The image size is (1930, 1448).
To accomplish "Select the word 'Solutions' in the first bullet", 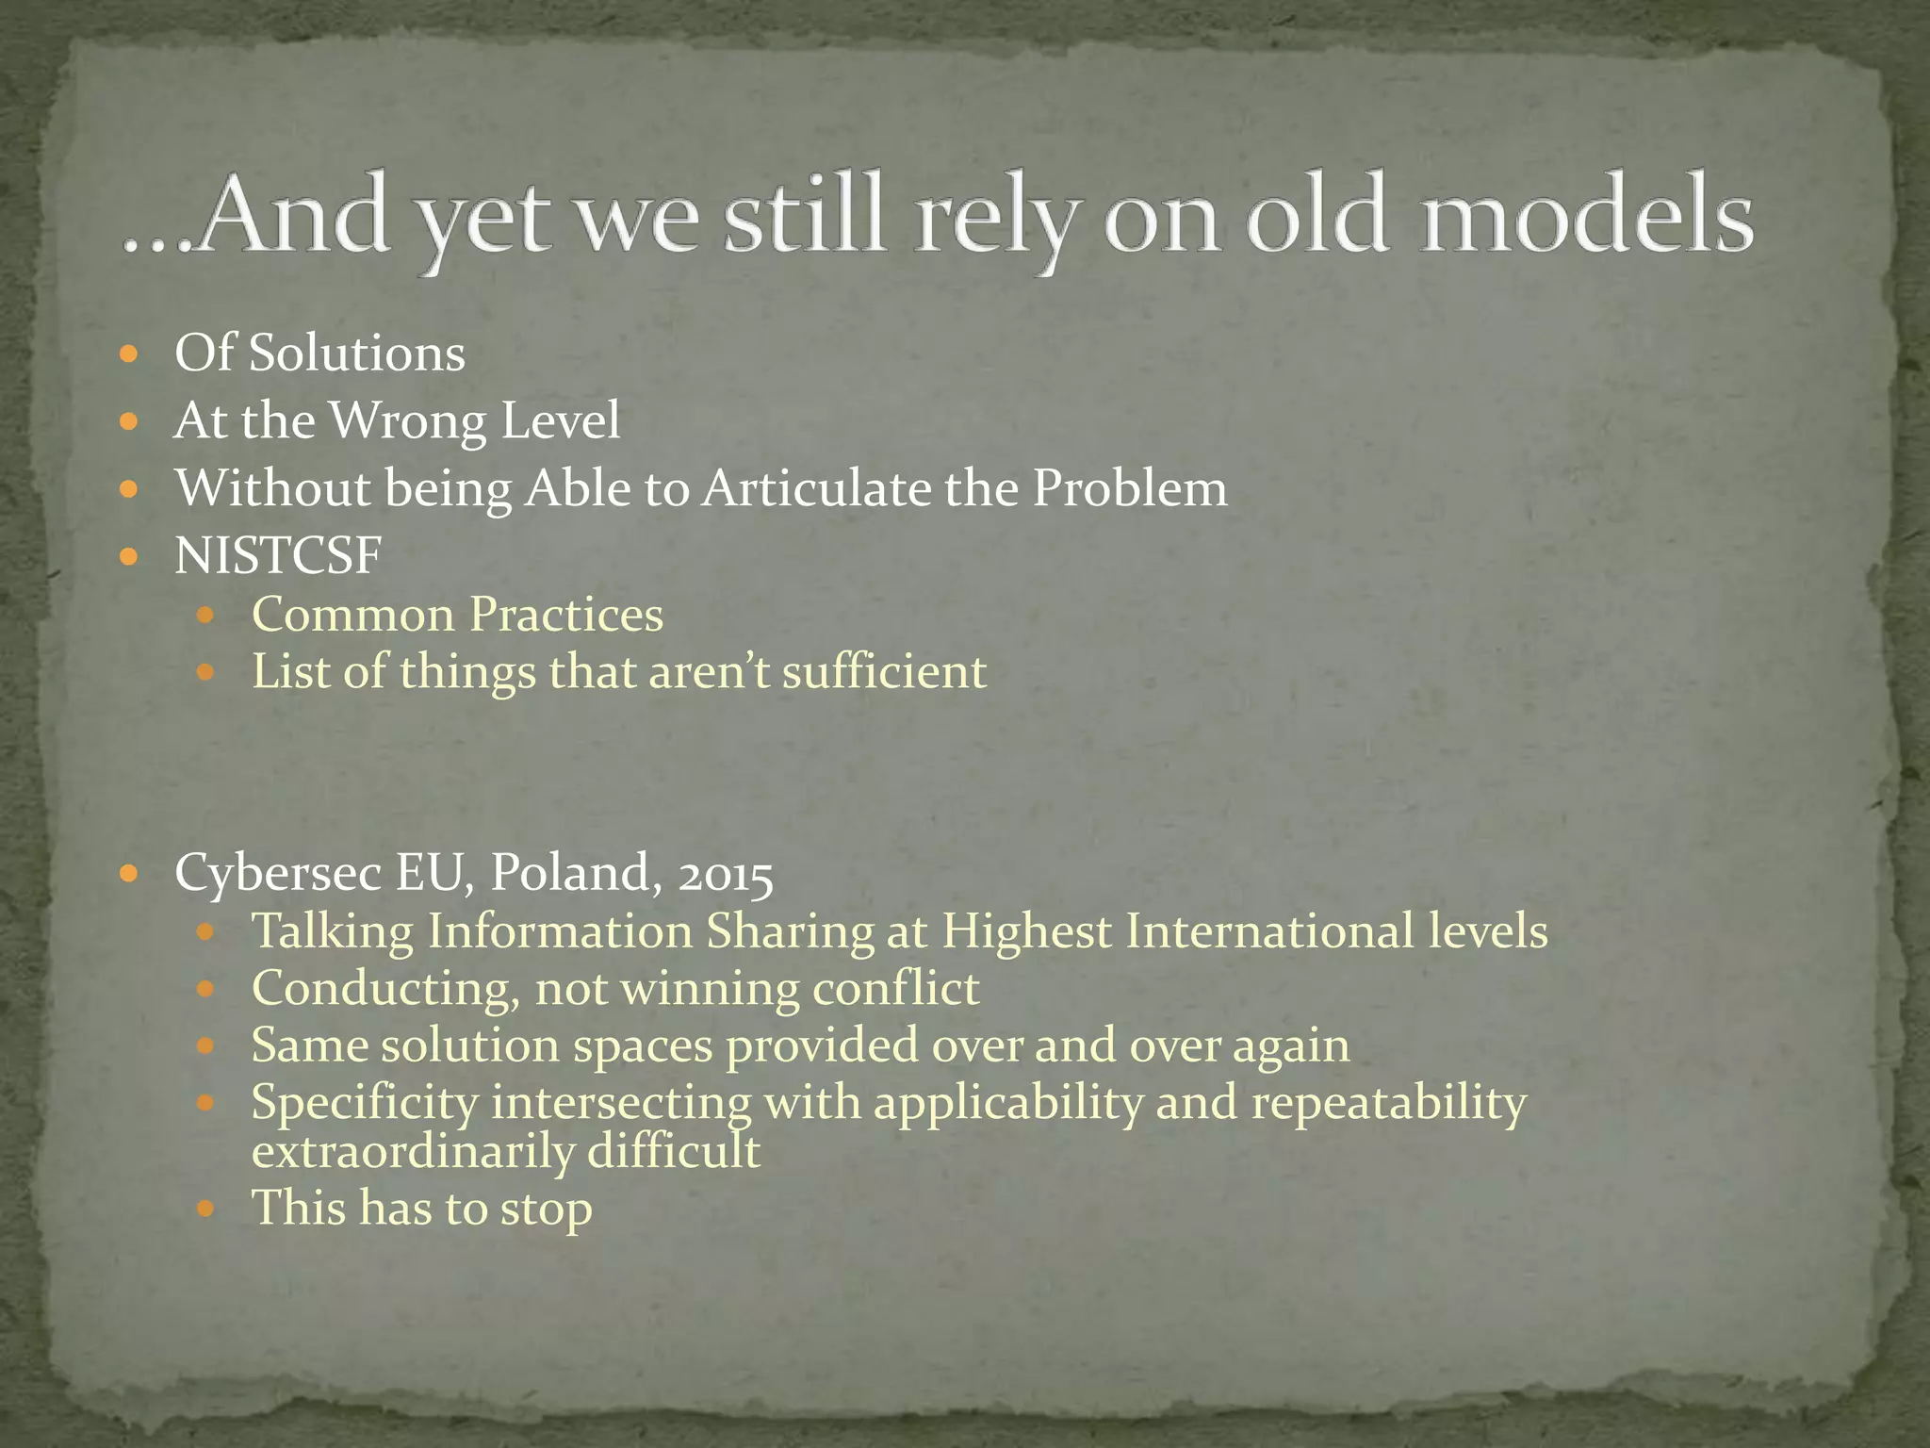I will (x=357, y=354).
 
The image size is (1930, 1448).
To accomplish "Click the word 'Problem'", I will (x=1130, y=488).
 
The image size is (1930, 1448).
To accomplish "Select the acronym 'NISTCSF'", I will (x=278, y=555).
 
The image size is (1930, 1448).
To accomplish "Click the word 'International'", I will (x=1269, y=930).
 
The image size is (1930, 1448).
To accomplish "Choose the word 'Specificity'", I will (x=365, y=1103).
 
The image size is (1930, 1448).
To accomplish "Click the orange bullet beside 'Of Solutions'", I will (x=130, y=355).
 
